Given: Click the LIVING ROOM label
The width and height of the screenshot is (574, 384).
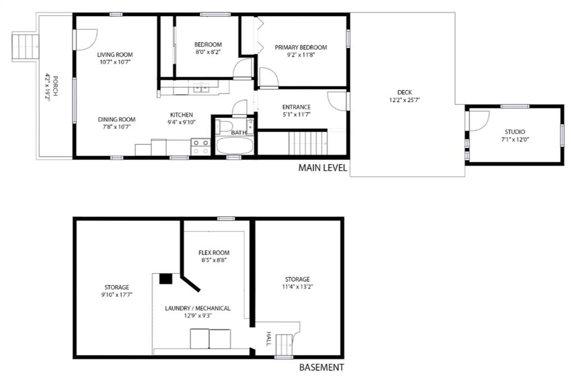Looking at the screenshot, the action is [x=115, y=54].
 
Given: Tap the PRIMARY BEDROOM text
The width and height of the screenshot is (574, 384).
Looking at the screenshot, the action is [x=301, y=47].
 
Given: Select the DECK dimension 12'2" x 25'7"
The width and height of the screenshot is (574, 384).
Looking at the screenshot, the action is [x=404, y=100].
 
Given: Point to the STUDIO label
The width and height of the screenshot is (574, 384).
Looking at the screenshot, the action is [x=515, y=132].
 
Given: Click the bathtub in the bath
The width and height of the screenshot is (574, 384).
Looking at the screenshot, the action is [x=235, y=145].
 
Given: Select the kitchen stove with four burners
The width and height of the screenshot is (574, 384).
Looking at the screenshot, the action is [x=201, y=147].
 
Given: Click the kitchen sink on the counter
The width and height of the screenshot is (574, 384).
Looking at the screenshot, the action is [x=201, y=88].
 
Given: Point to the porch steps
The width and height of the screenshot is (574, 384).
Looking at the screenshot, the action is [x=26, y=47].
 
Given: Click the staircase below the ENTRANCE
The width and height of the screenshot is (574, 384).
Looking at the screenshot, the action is [x=308, y=143].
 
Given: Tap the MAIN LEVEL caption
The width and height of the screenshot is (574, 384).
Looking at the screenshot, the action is [x=322, y=168].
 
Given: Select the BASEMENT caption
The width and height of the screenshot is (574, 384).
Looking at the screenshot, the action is [x=321, y=367].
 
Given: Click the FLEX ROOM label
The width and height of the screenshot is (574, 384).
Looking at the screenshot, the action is [x=214, y=253].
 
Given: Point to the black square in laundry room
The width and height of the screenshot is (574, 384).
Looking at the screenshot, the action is [x=166, y=279].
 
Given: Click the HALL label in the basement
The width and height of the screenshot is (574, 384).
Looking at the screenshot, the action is [x=269, y=339].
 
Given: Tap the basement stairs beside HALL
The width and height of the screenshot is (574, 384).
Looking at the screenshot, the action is [x=284, y=345].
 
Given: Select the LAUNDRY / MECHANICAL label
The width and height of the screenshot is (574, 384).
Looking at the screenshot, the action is [x=198, y=308].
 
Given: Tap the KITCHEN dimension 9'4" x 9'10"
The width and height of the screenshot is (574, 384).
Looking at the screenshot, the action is [x=182, y=122].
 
